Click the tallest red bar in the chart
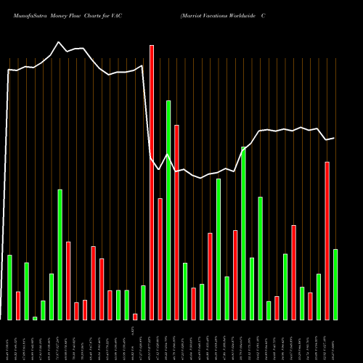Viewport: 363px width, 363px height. [152, 181]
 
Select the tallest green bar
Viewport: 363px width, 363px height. [168, 210]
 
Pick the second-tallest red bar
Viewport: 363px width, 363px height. [176, 222]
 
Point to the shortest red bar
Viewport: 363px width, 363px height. [135, 317]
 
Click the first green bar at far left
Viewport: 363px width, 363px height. [9, 287]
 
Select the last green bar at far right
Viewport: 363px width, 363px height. [335, 284]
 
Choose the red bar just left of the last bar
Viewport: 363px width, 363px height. [327, 240]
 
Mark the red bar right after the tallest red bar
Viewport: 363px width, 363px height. [160, 258]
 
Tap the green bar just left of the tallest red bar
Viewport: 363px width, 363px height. [143, 302]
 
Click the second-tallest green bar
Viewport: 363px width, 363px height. [244, 233]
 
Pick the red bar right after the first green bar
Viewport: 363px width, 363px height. [18, 305]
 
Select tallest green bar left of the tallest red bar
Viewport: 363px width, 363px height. [60, 254]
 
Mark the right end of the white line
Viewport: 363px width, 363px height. [335, 138]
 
